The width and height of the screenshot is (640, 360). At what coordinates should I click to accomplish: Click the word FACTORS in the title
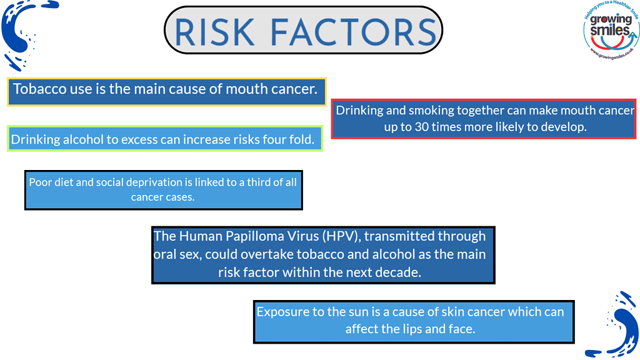pyautogui.click(x=354, y=32)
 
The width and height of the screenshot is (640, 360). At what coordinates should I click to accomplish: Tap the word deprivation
pyautogui.click(x=159, y=182)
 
